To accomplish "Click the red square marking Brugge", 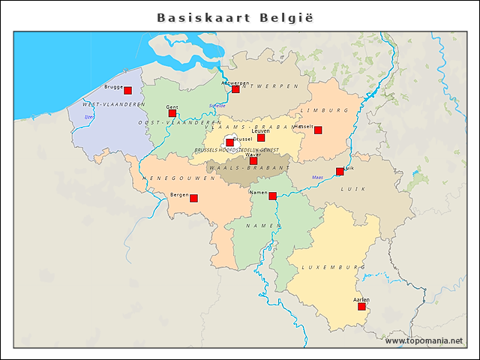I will [x=127, y=90].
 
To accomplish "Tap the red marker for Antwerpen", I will [x=235, y=89].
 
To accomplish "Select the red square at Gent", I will [x=172, y=113].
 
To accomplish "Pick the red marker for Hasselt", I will [x=318, y=130].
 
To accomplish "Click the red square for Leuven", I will [x=261, y=137].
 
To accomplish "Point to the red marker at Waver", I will [x=253, y=160].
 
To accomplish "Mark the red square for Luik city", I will [x=340, y=172].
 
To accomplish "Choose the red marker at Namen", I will [x=272, y=196].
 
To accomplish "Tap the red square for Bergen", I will [x=193, y=198].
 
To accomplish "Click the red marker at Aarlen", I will [x=361, y=306].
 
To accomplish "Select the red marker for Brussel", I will [x=229, y=142].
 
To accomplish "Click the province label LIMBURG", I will [x=324, y=110].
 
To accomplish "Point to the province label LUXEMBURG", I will [x=333, y=267].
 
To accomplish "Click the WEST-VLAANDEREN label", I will [x=113, y=104].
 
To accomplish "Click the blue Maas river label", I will [x=317, y=178].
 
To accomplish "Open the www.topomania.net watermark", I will [x=424, y=340].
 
